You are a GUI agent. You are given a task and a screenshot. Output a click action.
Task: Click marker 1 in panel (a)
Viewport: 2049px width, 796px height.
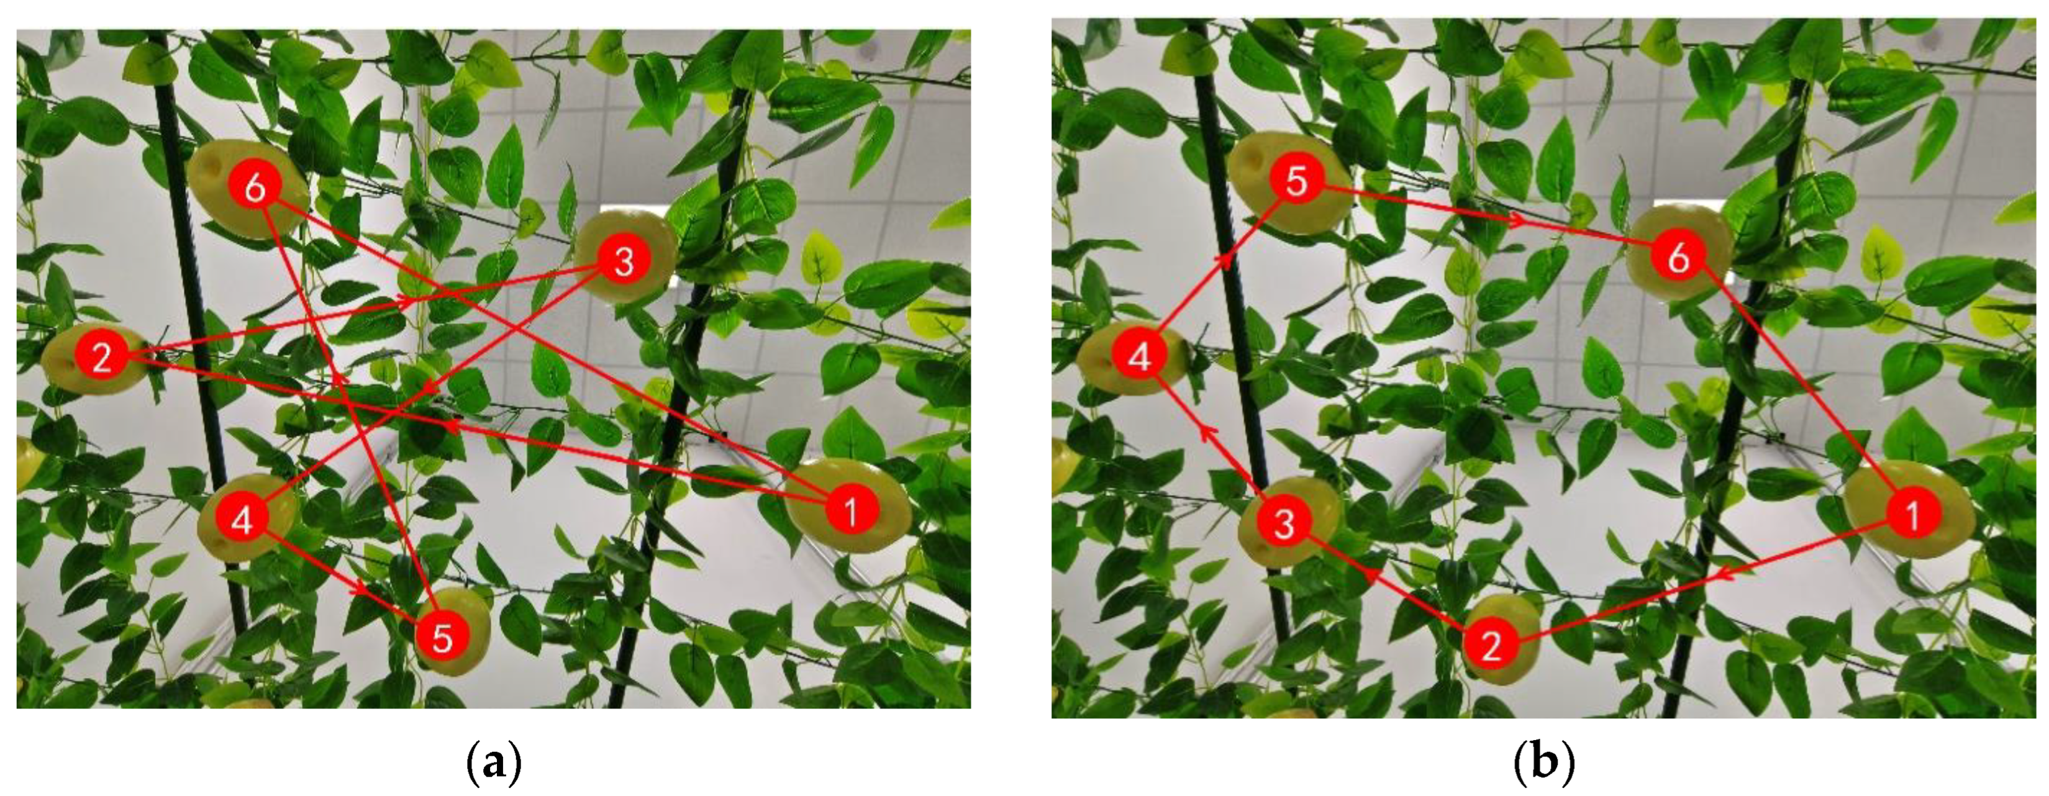pyautogui.click(x=850, y=510)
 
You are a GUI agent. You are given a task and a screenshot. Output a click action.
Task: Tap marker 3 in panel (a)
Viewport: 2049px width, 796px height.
pyautogui.click(x=624, y=261)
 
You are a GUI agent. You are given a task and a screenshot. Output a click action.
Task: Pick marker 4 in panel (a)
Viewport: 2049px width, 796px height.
pyautogui.click(x=243, y=522)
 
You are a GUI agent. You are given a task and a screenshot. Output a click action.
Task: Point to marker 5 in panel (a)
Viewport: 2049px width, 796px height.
pyautogui.click(x=442, y=638)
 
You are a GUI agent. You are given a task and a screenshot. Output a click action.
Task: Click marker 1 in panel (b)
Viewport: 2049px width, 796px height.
pyautogui.click(x=1912, y=515)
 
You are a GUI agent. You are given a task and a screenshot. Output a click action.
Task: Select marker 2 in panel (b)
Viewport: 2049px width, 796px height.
pyautogui.click(x=1491, y=646)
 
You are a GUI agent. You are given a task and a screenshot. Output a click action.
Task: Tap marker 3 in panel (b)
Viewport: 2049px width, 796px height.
pyautogui.click(x=1284, y=524)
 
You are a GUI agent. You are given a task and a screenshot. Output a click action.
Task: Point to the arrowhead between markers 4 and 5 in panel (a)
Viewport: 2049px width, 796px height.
pyautogui.click(x=360, y=589)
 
